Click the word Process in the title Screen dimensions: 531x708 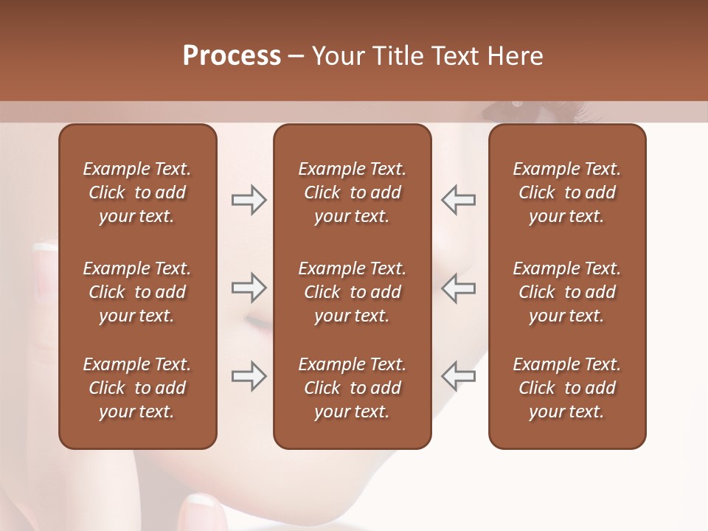point(232,56)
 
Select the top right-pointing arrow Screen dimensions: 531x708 point(249,200)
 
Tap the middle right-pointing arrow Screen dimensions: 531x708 point(249,288)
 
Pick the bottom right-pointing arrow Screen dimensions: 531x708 point(249,376)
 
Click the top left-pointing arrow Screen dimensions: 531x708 point(459,200)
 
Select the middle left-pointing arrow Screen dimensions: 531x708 point(459,288)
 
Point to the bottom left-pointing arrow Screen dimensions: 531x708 point(459,376)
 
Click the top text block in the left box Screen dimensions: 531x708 point(137,192)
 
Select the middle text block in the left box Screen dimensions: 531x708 point(137,292)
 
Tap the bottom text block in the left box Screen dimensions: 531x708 point(137,388)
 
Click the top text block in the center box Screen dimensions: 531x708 point(352,192)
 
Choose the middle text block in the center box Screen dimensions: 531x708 point(352,292)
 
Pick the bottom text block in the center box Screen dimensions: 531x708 point(352,388)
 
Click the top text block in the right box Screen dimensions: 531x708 point(566,192)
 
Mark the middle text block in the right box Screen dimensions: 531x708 point(566,292)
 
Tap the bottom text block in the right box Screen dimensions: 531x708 point(566,388)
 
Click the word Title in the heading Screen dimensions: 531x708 point(398,56)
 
